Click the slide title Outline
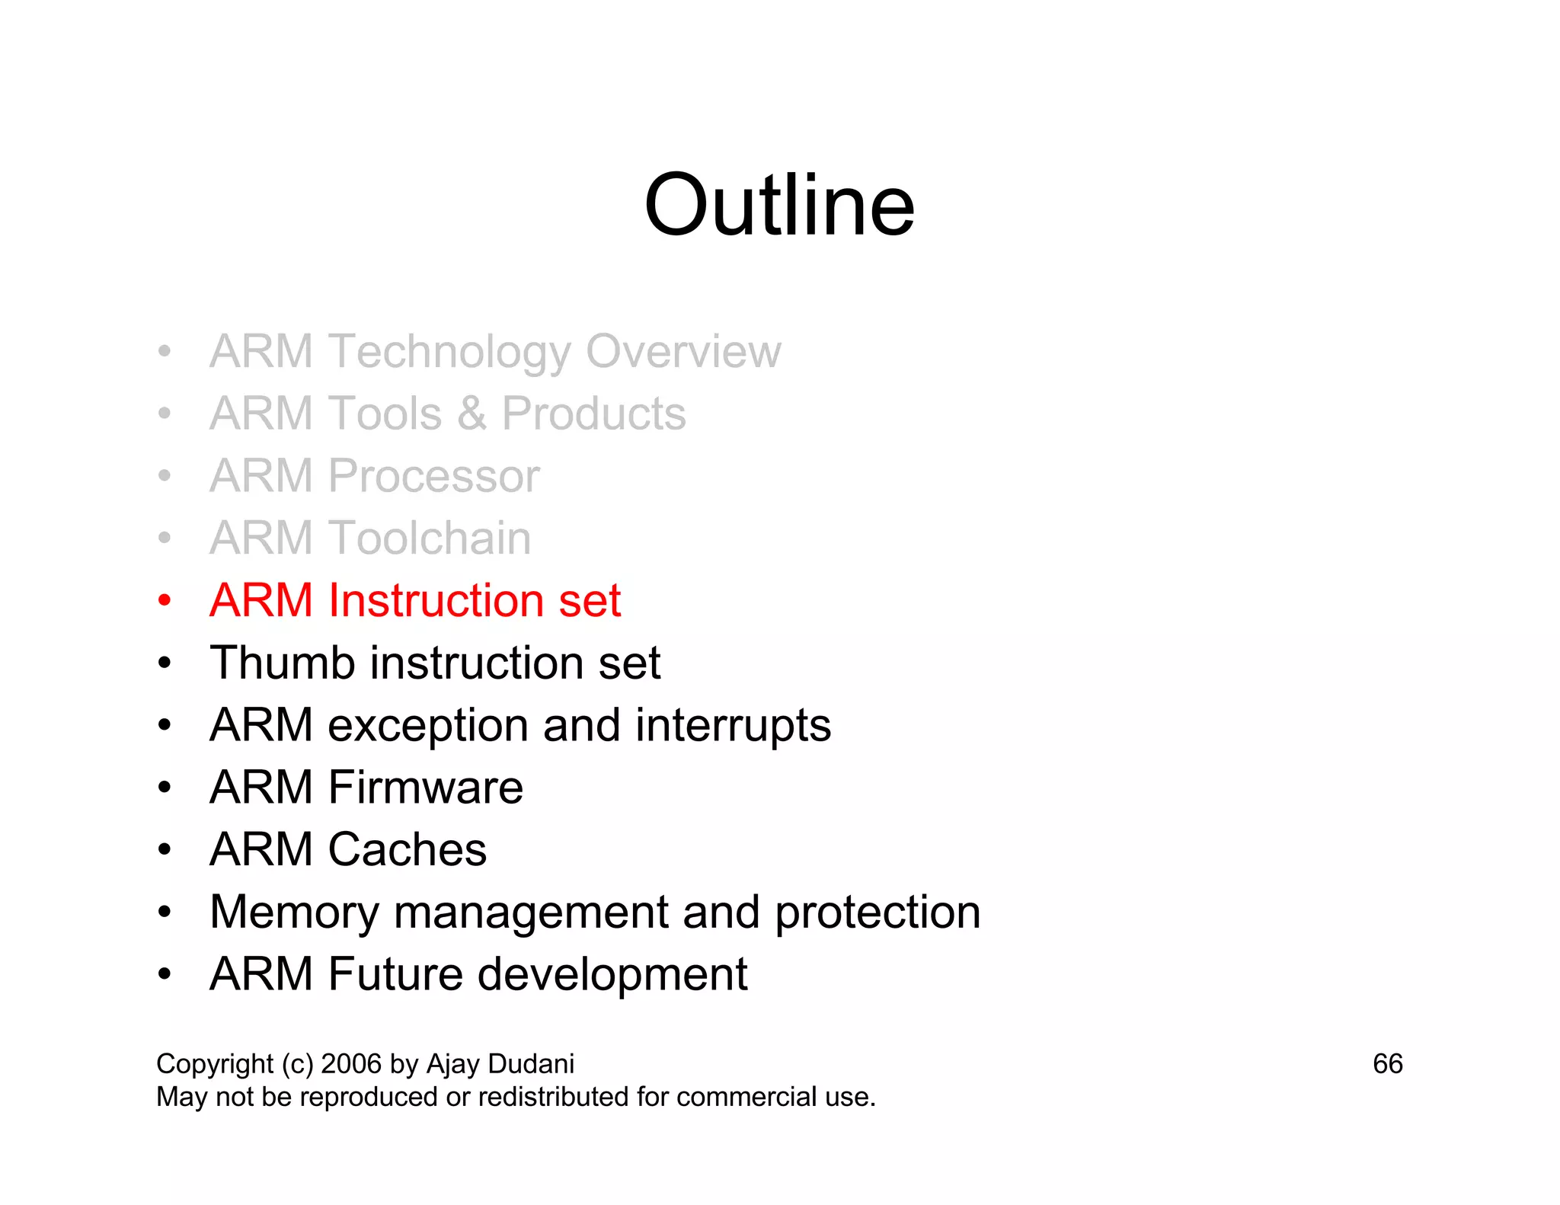pos(778,206)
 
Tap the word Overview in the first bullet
pos(682,352)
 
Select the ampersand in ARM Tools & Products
pos(472,414)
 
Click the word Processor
pos(433,477)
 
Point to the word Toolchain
pos(430,539)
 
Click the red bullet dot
pos(165,601)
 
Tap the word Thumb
pos(282,663)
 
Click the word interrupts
pos(733,725)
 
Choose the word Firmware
pos(425,788)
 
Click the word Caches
pos(407,850)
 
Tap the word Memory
pos(294,913)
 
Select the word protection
pos(877,913)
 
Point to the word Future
pos(395,974)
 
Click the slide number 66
pos(1387,1064)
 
